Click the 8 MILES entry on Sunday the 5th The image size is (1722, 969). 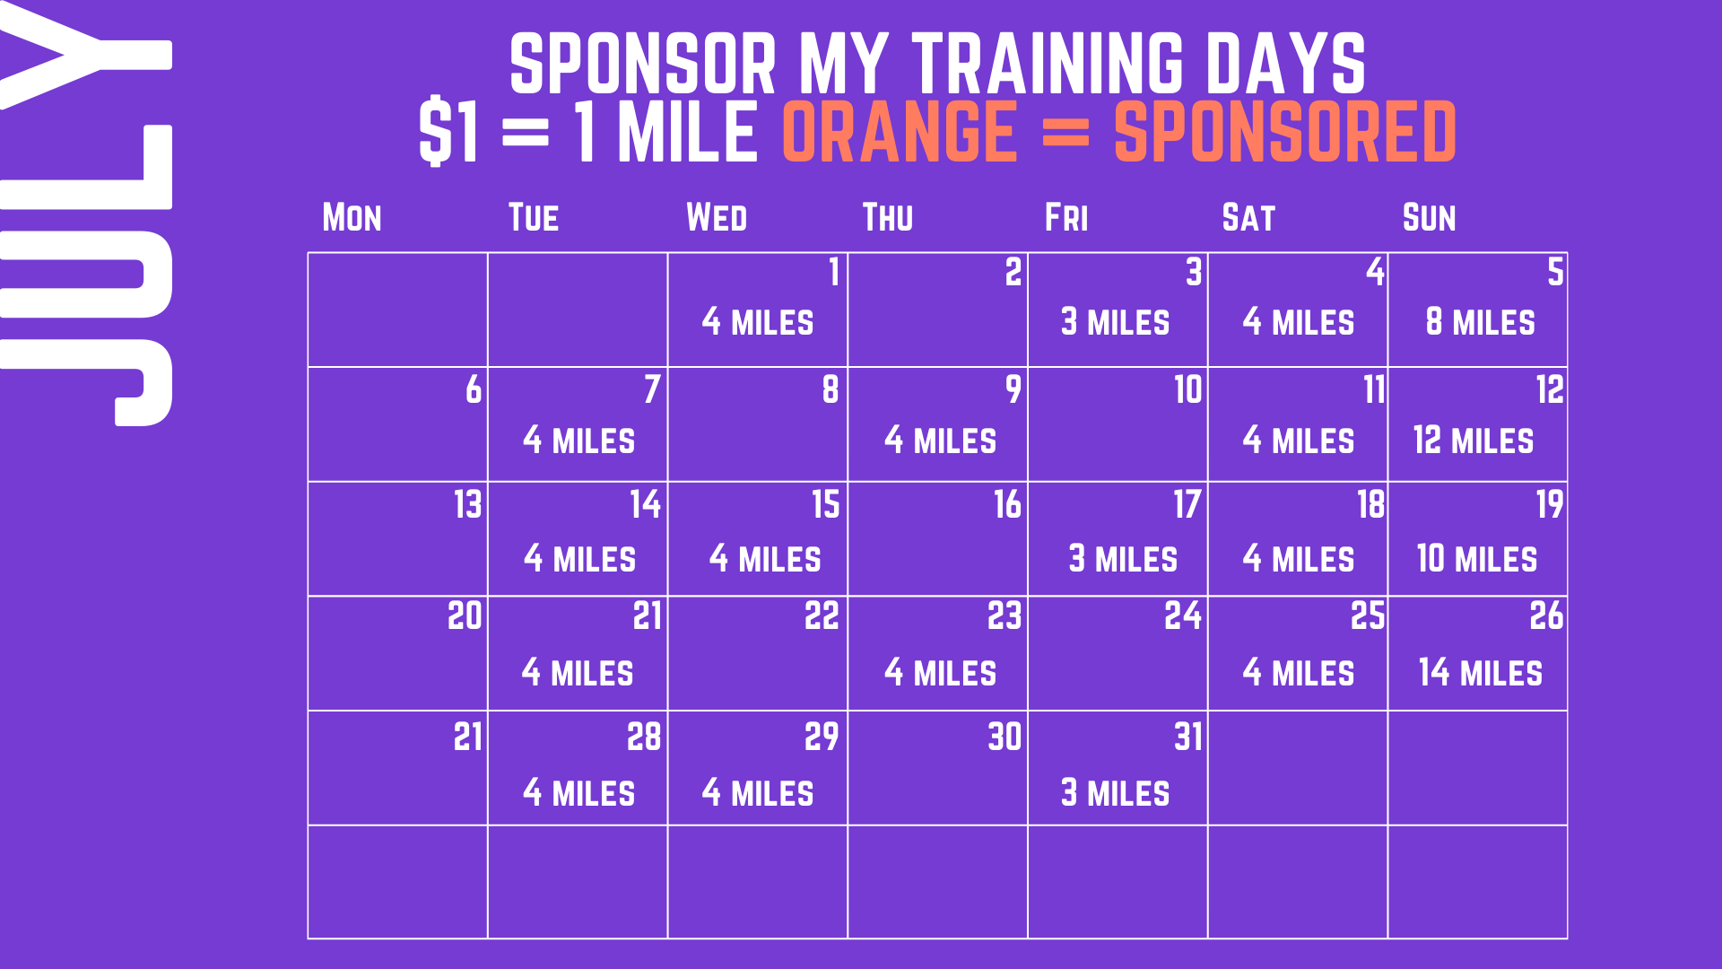(1481, 322)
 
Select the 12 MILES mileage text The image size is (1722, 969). (1474, 441)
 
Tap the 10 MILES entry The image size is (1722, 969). (1477, 559)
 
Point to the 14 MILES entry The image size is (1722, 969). (1481, 673)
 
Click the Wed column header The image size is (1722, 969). (717, 218)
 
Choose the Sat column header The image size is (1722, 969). (1248, 218)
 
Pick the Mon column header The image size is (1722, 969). (352, 218)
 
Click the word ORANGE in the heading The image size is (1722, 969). (900, 132)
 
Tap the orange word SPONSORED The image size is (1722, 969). (1285, 132)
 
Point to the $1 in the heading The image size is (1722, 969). (448, 132)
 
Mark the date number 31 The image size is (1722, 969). (1188, 737)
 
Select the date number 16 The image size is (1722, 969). (1007, 504)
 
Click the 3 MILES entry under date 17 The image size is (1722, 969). (1123, 559)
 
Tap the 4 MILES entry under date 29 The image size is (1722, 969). (758, 793)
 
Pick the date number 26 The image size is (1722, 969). (1546, 615)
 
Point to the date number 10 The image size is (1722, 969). (1188, 389)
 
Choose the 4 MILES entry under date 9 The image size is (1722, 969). (940, 441)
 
